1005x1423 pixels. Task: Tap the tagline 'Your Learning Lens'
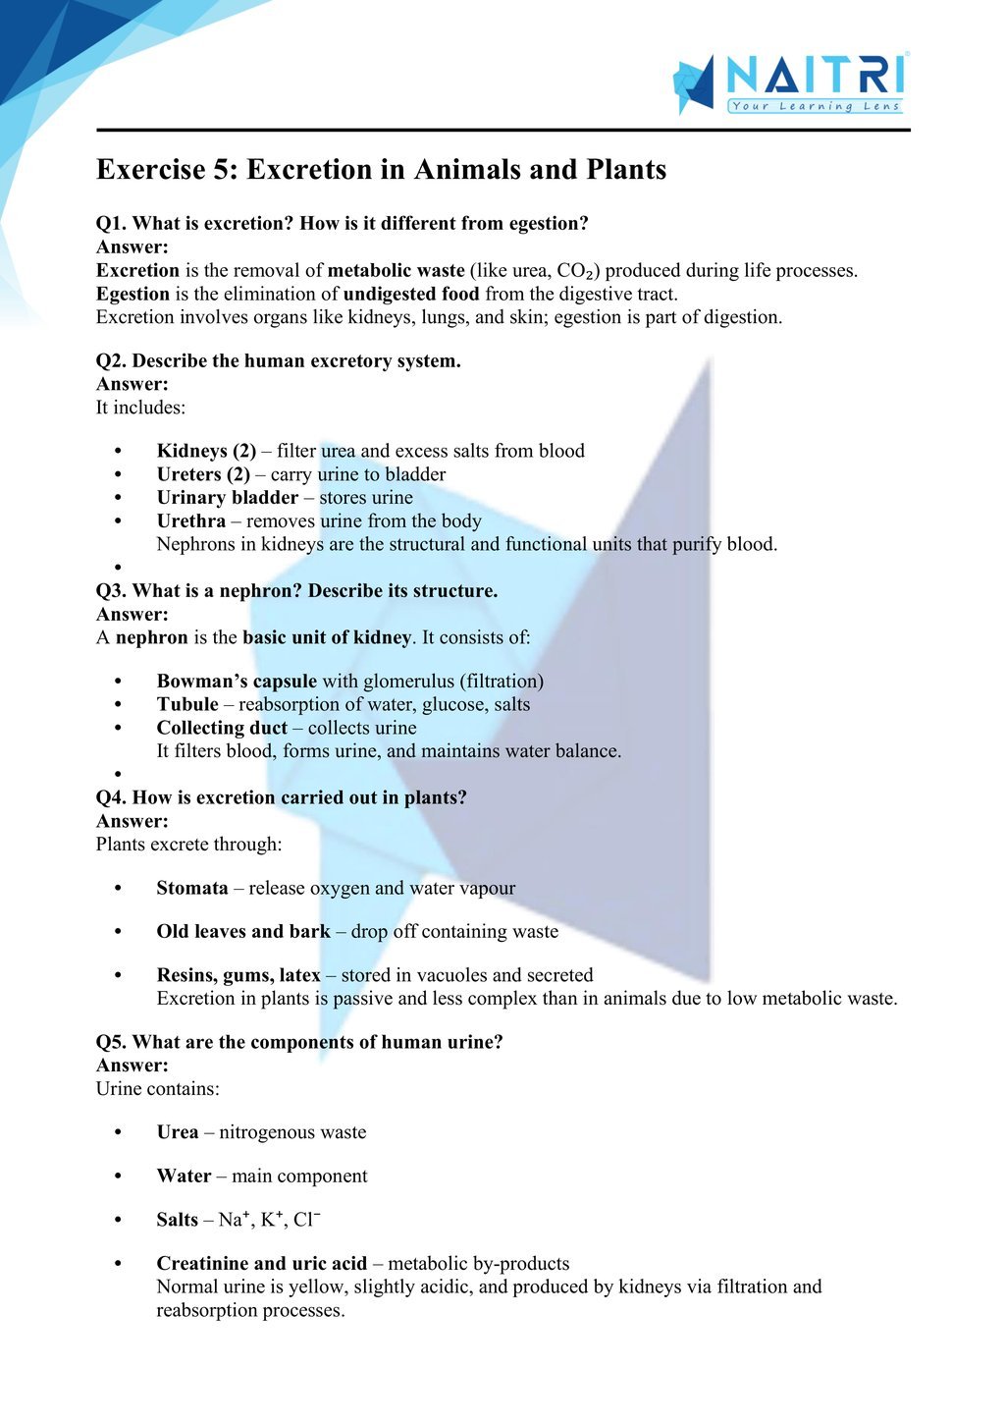pos(815,106)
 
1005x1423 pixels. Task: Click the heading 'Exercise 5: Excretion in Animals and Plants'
pos(381,170)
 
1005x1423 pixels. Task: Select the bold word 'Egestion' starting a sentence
pos(132,294)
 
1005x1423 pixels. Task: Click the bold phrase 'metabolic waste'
pos(396,271)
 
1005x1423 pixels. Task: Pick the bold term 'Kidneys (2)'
pos(206,451)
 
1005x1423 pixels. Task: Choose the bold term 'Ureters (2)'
pos(203,474)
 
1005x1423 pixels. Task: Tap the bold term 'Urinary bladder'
pos(227,498)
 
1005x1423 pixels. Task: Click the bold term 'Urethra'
pos(190,521)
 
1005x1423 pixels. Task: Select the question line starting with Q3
pos(296,591)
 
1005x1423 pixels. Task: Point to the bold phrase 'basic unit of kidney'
pos(327,637)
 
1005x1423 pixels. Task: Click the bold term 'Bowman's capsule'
pos(237,682)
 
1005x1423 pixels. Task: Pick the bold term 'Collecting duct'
pos(222,728)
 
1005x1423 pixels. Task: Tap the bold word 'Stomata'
pos(192,889)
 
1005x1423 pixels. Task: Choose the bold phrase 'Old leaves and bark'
pos(242,932)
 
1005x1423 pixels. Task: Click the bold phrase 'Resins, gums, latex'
pos(238,975)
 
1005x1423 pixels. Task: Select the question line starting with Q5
pos(299,1042)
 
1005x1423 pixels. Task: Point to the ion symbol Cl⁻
pos(307,1220)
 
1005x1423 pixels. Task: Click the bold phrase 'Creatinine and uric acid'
pos(261,1264)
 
